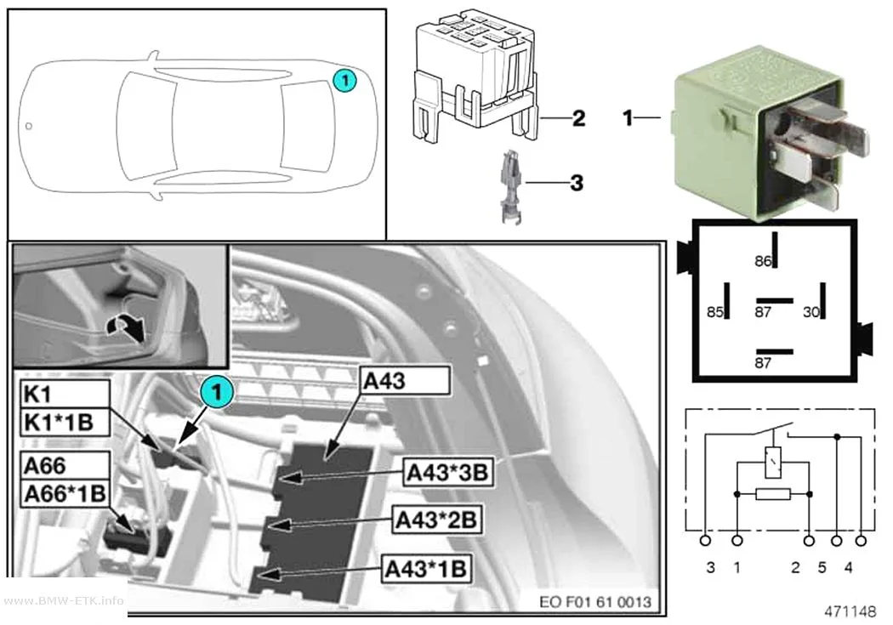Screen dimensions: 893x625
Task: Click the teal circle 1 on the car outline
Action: (x=344, y=80)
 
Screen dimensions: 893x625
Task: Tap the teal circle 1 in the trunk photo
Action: (x=216, y=391)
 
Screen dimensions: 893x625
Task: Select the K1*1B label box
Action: (x=65, y=423)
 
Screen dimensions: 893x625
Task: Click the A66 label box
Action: (x=65, y=466)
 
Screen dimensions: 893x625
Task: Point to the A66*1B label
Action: (x=65, y=493)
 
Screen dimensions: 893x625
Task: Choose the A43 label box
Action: (x=405, y=381)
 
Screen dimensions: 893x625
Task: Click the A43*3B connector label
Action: (x=447, y=472)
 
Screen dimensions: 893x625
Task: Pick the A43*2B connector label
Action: (x=437, y=519)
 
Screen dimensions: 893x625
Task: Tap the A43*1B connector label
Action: (x=427, y=568)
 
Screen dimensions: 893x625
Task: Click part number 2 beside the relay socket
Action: (x=578, y=118)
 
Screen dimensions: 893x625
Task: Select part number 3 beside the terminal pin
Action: (x=577, y=183)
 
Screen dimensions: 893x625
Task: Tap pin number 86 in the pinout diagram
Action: (x=763, y=261)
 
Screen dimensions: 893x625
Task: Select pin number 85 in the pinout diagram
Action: (x=714, y=312)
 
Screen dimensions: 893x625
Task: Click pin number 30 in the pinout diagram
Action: (x=811, y=312)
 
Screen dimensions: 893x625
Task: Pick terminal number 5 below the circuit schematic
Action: (x=822, y=567)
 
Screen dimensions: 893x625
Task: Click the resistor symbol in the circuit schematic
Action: (x=773, y=494)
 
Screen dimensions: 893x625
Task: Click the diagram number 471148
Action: (x=850, y=611)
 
